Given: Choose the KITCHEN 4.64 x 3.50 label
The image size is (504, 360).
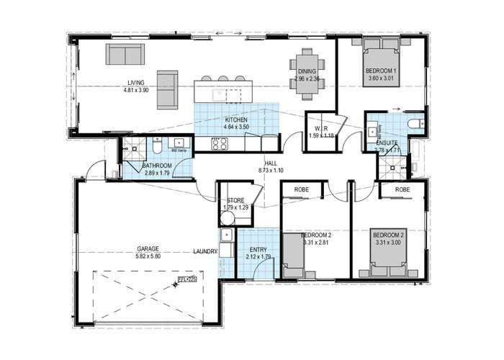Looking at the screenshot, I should [237, 123].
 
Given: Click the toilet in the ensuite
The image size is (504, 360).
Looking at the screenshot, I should [414, 125].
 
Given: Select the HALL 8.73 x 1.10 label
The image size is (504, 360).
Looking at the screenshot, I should [269, 167].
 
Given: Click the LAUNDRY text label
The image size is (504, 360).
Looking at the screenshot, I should [205, 251].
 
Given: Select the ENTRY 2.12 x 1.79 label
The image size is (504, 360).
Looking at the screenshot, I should [257, 251].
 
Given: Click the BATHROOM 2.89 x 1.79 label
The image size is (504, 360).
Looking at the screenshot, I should [157, 169].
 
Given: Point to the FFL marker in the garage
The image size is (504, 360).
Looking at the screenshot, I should [186, 281].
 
